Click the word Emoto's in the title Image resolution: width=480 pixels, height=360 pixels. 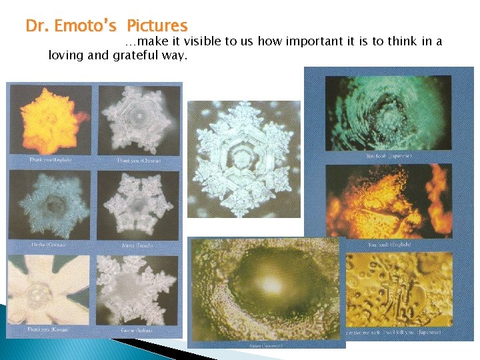86,26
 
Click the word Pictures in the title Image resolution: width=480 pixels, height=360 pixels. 157,26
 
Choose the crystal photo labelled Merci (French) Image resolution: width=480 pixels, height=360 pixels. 139,204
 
